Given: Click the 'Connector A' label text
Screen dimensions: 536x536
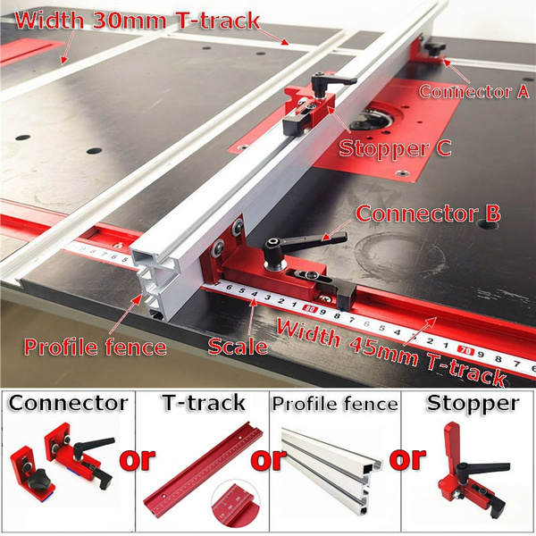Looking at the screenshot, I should click(x=474, y=90).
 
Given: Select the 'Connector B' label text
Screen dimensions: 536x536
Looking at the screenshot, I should click(x=428, y=215).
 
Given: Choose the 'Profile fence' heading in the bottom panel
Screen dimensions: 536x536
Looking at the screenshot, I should click(x=334, y=404).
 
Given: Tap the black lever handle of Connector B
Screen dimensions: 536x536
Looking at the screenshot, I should click(x=304, y=243).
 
